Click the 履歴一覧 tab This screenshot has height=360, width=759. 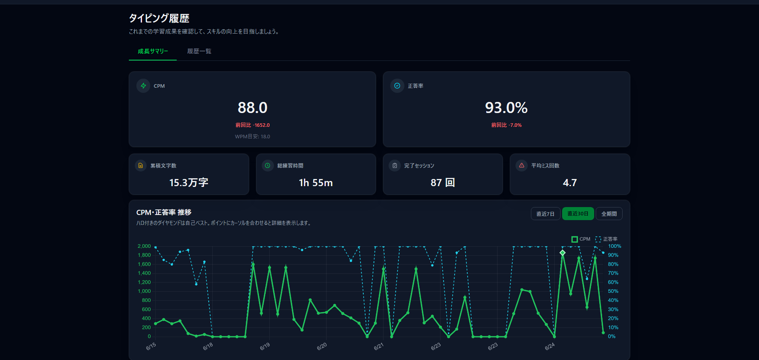[x=199, y=51]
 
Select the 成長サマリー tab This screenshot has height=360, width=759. [x=153, y=51]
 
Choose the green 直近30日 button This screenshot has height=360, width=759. [x=578, y=214]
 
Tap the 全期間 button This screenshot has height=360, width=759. [x=609, y=214]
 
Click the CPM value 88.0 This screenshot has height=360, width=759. [x=253, y=107]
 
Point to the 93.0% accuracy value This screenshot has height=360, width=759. [x=506, y=107]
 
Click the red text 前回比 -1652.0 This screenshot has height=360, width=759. [x=253, y=125]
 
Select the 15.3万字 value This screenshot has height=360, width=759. [x=189, y=183]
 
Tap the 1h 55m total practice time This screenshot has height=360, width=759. [x=316, y=183]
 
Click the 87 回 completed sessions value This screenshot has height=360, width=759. [x=443, y=183]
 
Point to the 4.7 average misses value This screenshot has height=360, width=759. [x=570, y=183]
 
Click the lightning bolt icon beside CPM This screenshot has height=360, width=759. [x=143, y=86]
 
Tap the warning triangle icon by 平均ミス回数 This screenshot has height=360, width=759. [x=521, y=165]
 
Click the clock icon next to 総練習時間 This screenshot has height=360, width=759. [x=268, y=165]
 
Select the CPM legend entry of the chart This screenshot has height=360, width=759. [x=581, y=239]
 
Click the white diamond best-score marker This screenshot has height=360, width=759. [x=563, y=253]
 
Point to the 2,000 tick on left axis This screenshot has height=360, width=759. [x=144, y=246]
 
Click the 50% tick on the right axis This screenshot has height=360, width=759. [x=613, y=291]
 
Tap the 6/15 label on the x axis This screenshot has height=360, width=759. [x=151, y=346]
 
